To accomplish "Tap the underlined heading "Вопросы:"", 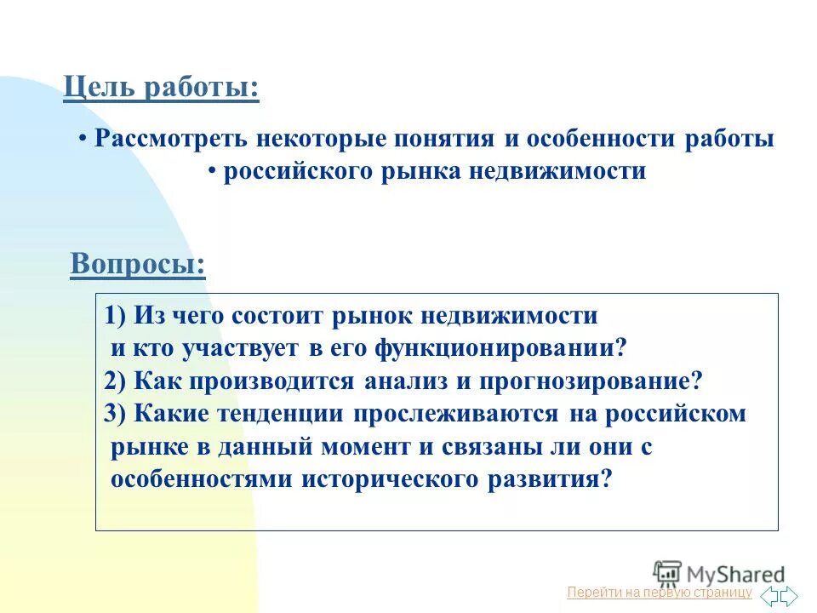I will (x=138, y=264).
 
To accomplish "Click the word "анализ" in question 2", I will (x=405, y=381).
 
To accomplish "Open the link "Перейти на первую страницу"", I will (x=660, y=592).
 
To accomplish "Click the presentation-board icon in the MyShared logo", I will (x=666, y=572).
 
